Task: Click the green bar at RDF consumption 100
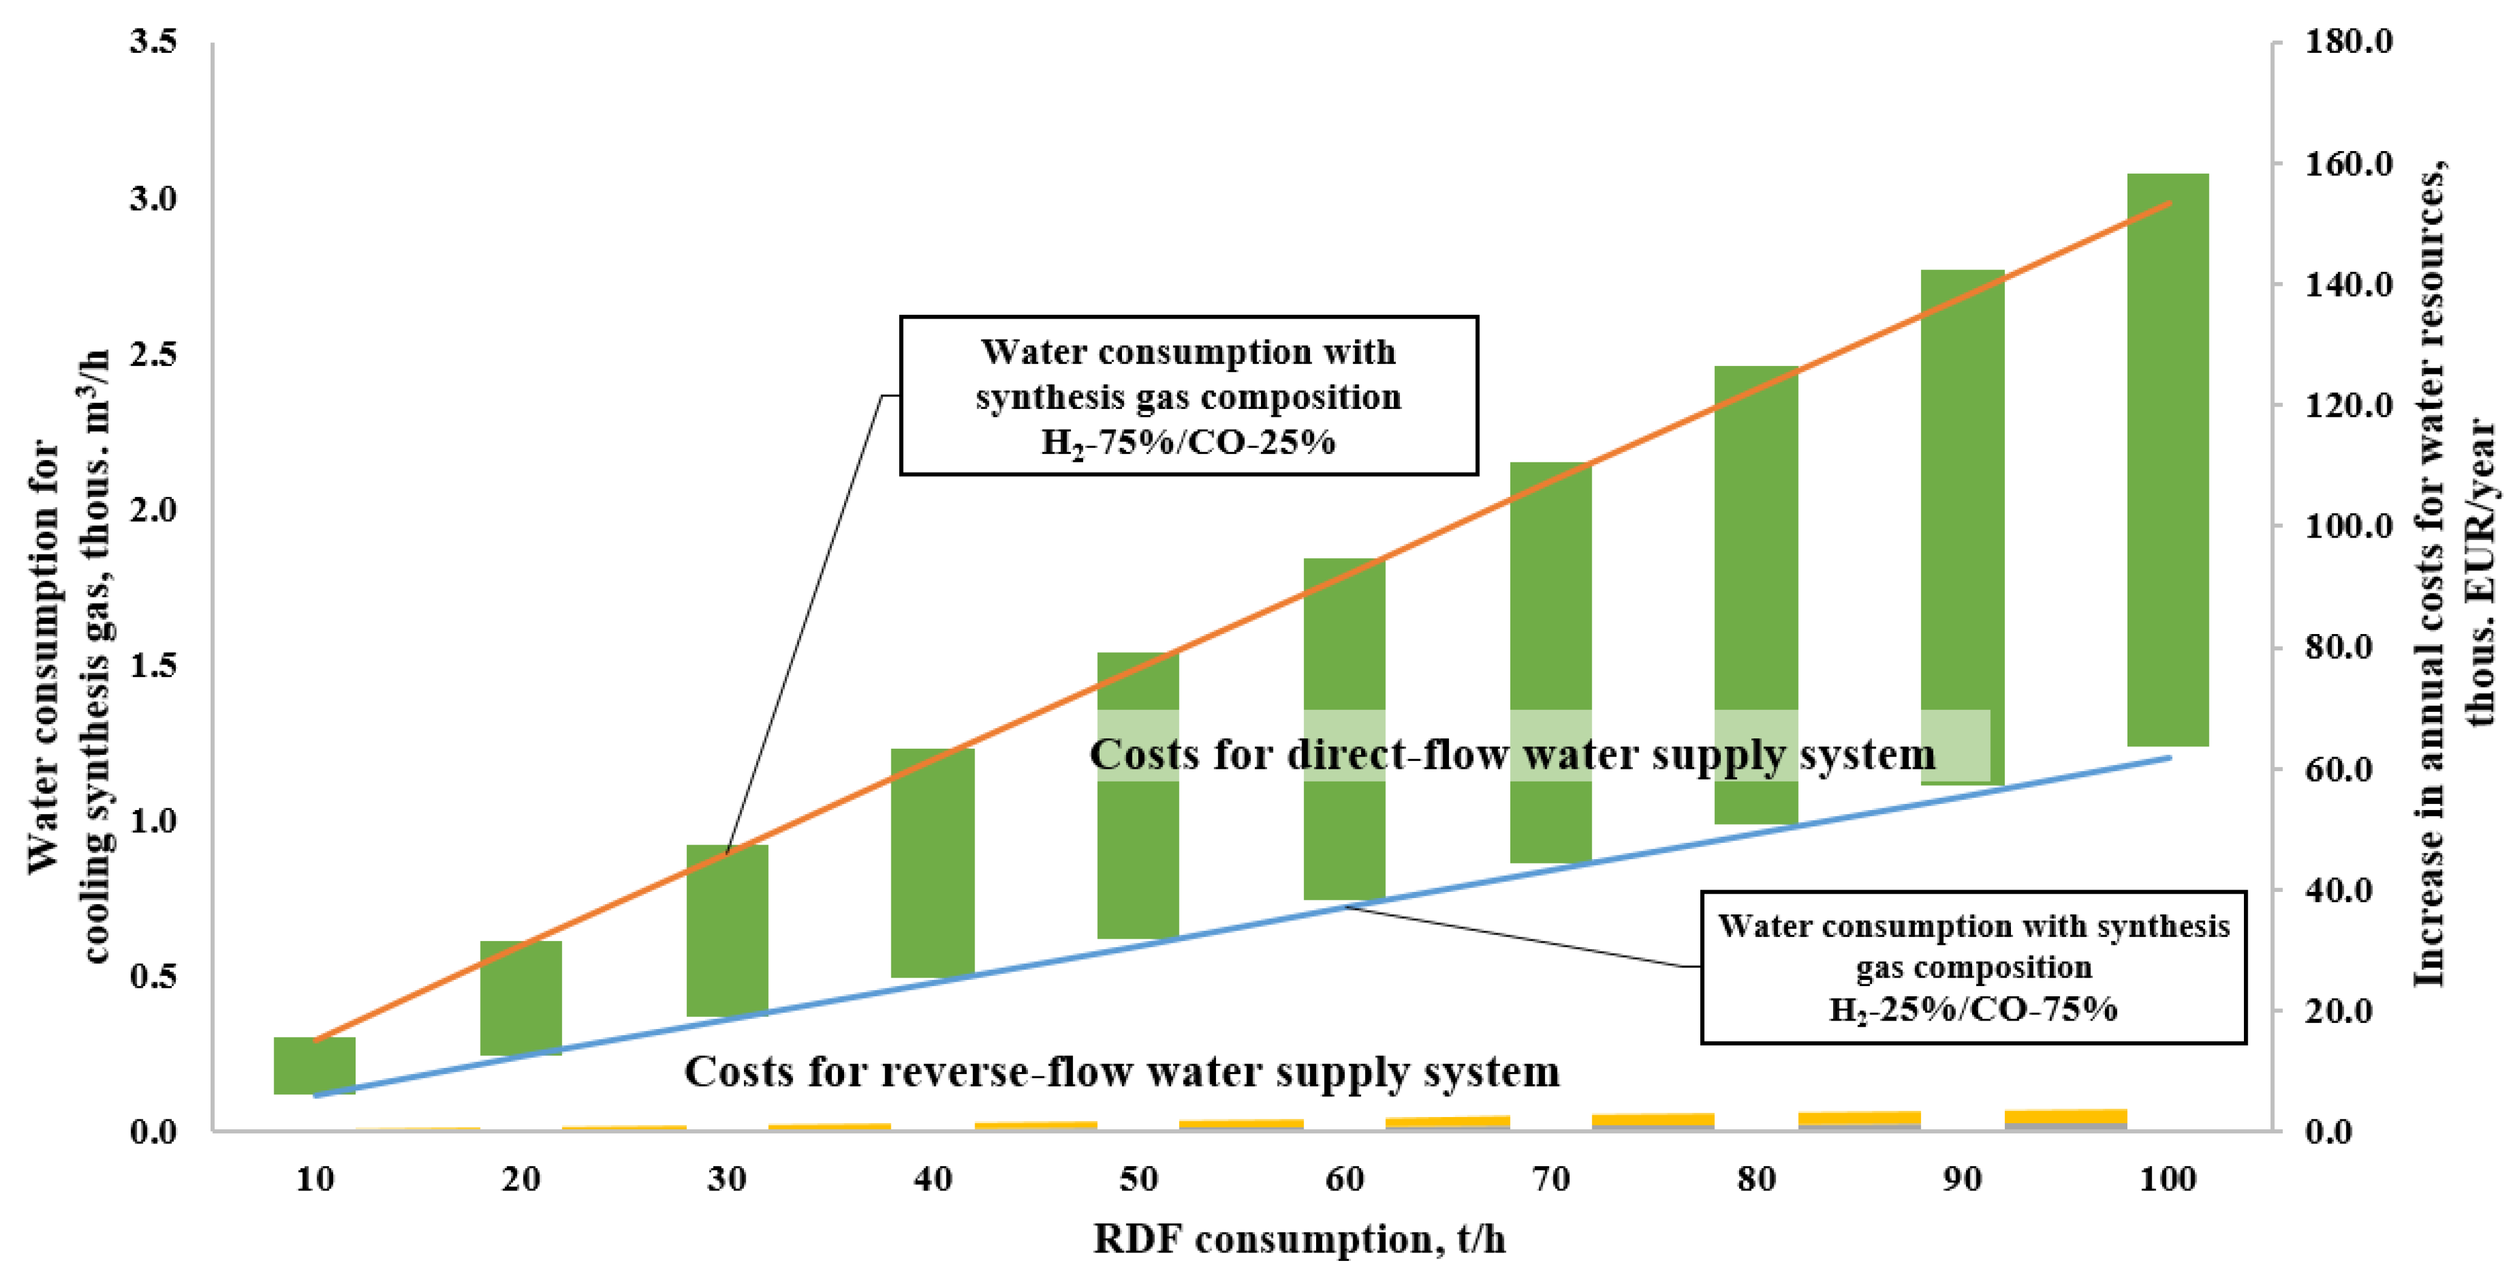pos(2167,459)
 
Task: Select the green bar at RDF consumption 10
pos(314,1065)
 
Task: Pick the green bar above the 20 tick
pos(521,998)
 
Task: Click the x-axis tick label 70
pos(1550,1179)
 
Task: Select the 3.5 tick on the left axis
pos(154,41)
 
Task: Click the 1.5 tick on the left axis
pos(154,664)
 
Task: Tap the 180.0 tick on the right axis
pos(2348,41)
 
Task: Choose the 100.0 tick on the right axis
pos(2348,525)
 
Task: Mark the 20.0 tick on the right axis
pos(2341,1010)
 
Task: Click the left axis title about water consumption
pos(69,655)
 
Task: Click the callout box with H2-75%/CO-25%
pos(1188,396)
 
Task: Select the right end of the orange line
pos(2169,203)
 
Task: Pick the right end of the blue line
pos(2169,757)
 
